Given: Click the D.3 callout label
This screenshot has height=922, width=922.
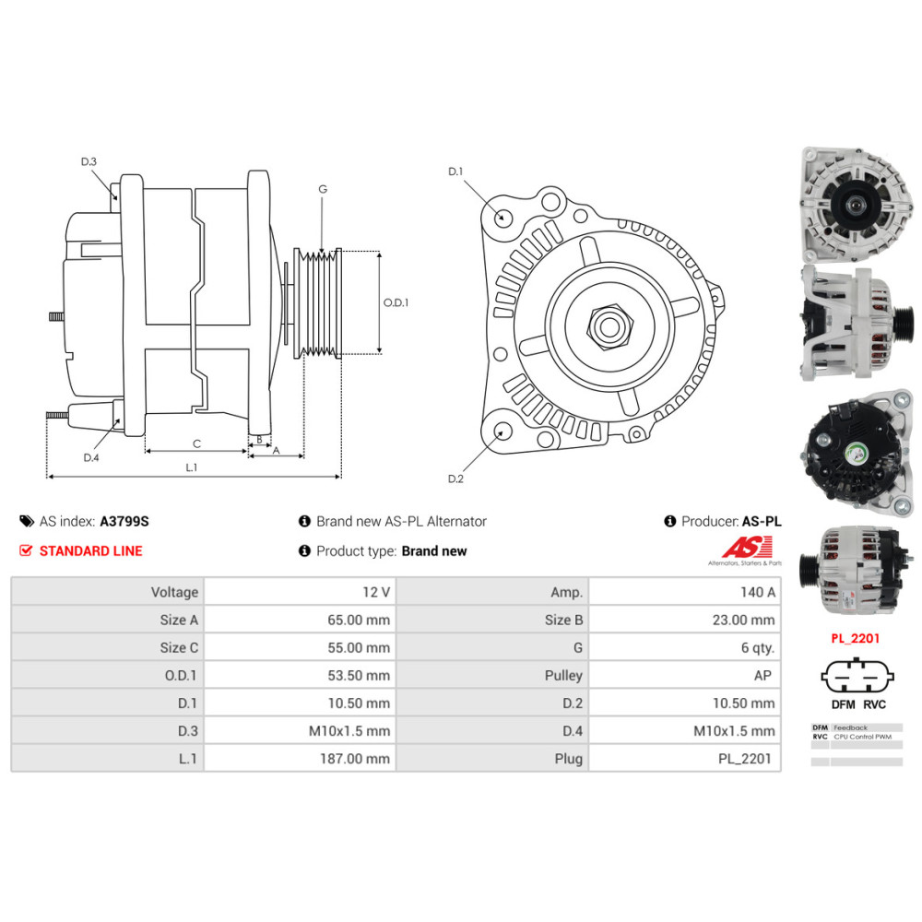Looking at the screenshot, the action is point(89,161).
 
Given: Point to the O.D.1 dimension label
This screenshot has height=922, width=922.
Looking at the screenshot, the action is point(396,302).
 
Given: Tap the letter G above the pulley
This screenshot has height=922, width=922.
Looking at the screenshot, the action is point(323,189).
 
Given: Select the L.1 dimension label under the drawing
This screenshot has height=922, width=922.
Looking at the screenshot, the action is point(192,467).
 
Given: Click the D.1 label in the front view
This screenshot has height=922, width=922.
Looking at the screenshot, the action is point(455,171).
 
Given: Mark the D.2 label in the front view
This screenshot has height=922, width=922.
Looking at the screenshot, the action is point(455,479).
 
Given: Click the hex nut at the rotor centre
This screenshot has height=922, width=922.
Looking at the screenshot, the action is point(609,326).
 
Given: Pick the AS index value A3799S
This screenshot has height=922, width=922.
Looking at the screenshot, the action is point(124,522).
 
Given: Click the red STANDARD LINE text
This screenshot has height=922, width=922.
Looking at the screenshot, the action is point(91,551).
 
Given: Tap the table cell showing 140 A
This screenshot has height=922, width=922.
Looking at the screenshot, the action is point(685,592).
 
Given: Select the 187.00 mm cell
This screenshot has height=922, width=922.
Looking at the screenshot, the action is point(300,759).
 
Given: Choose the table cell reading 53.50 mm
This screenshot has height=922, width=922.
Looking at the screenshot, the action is point(300,675).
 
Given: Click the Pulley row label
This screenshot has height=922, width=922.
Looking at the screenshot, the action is point(563,676).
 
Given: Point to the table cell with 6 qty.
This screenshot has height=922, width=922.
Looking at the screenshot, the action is point(685,647).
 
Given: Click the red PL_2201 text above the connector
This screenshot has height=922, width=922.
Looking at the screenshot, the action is point(856,639).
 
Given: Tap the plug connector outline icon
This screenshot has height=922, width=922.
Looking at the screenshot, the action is point(857,676).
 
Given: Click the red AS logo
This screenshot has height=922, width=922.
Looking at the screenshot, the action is point(748,547).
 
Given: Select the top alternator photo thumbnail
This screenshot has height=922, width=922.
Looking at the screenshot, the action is point(857,206).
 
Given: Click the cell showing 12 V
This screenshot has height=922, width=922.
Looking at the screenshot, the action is point(300,592).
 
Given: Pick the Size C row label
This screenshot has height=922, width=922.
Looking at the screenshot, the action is point(180,648).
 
